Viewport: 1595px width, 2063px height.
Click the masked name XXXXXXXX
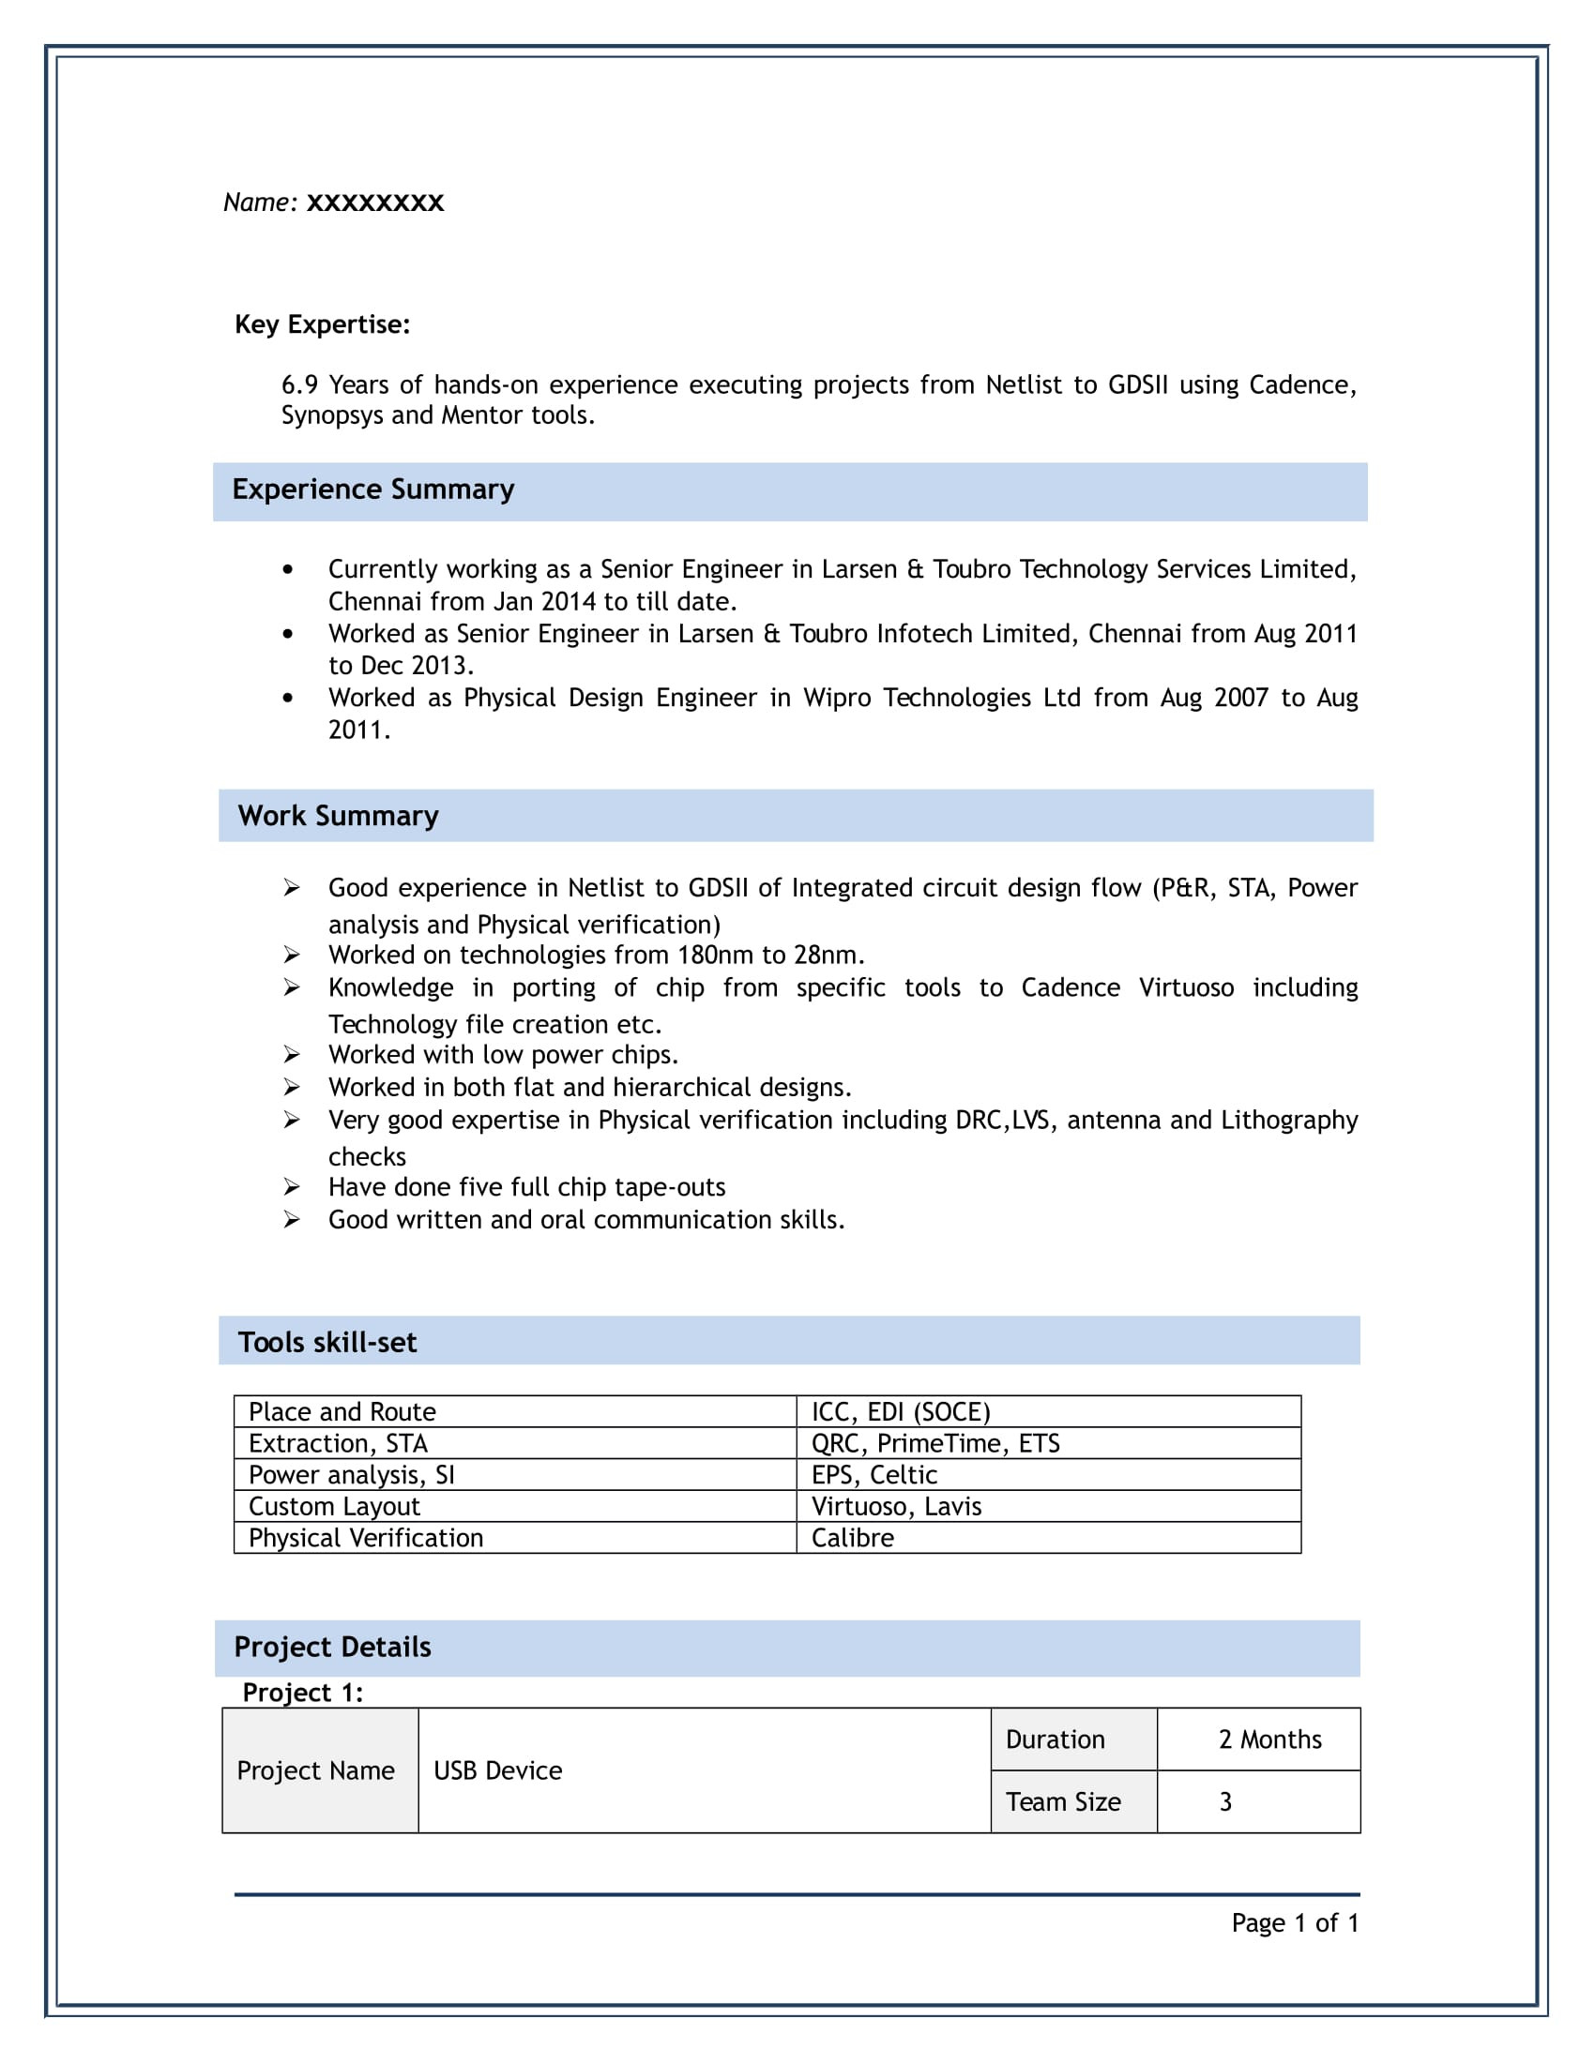click(375, 203)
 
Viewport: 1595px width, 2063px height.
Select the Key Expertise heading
click(322, 324)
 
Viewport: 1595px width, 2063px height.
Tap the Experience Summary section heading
click(373, 489)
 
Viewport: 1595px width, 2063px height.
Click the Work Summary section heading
click(339, 815)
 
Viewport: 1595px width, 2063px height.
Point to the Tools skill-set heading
click(327, 1342)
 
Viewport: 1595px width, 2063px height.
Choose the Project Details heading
click(333, 1647)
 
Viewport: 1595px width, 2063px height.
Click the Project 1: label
click(302, 1692)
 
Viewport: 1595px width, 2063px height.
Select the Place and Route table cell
click(342, 1411)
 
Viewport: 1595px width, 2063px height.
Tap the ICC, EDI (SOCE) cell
click(901, 1411)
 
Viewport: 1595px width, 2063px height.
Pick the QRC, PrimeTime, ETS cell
click(935, 1443)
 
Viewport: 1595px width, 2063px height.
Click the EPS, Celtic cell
click(874, 1474)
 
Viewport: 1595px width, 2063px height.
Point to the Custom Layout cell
click(335, 1506)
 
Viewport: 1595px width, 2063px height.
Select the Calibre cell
click(852, 1538)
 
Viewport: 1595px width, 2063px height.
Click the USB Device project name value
click(498, 1770)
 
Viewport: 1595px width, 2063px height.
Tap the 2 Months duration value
click(1270, 1739)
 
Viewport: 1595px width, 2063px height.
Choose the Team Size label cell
click(1063, 1801)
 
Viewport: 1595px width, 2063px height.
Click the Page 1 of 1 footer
click(1295, 1922)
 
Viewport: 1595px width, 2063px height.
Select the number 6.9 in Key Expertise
click(299, 384)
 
